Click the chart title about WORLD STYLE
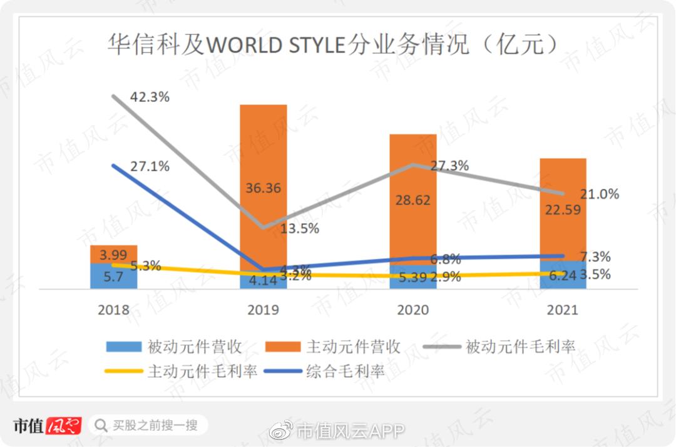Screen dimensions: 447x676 coord(332,45)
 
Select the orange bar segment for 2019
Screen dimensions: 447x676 coord(263,156)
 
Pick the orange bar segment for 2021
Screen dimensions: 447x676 coord(563,188)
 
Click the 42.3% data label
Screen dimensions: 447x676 coord(150,98)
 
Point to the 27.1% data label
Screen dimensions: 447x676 coord(150,167)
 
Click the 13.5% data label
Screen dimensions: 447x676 coord(299,228)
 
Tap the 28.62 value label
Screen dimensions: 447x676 coord(412,200)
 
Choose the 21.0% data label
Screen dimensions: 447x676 coord(599,194)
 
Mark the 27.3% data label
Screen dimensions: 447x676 coord(449,166)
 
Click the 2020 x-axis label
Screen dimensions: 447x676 coord(413,310)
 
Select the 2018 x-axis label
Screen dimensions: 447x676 coord(113,310)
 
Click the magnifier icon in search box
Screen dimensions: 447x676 coord(101,426)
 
